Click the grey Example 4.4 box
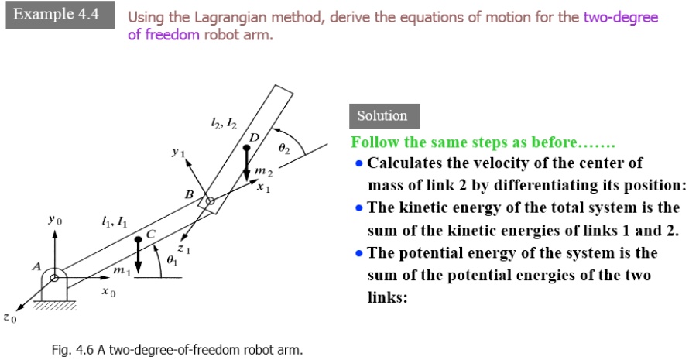pos(60,15)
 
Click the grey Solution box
pos(385,116)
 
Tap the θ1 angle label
pos(172,260)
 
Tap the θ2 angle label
pos(284,149)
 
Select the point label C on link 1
pos(151,235)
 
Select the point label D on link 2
pos(254,138)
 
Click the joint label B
pos(189,194)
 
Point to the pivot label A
pos(36,266)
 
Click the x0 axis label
pos(108,291)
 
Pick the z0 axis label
pos(9,317)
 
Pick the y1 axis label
pos(178,152)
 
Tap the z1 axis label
pos(184,249)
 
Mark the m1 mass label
pos(122,271)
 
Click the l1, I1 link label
pos(115,222)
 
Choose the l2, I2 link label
pos(224,125)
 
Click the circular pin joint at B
pos(210,201)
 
